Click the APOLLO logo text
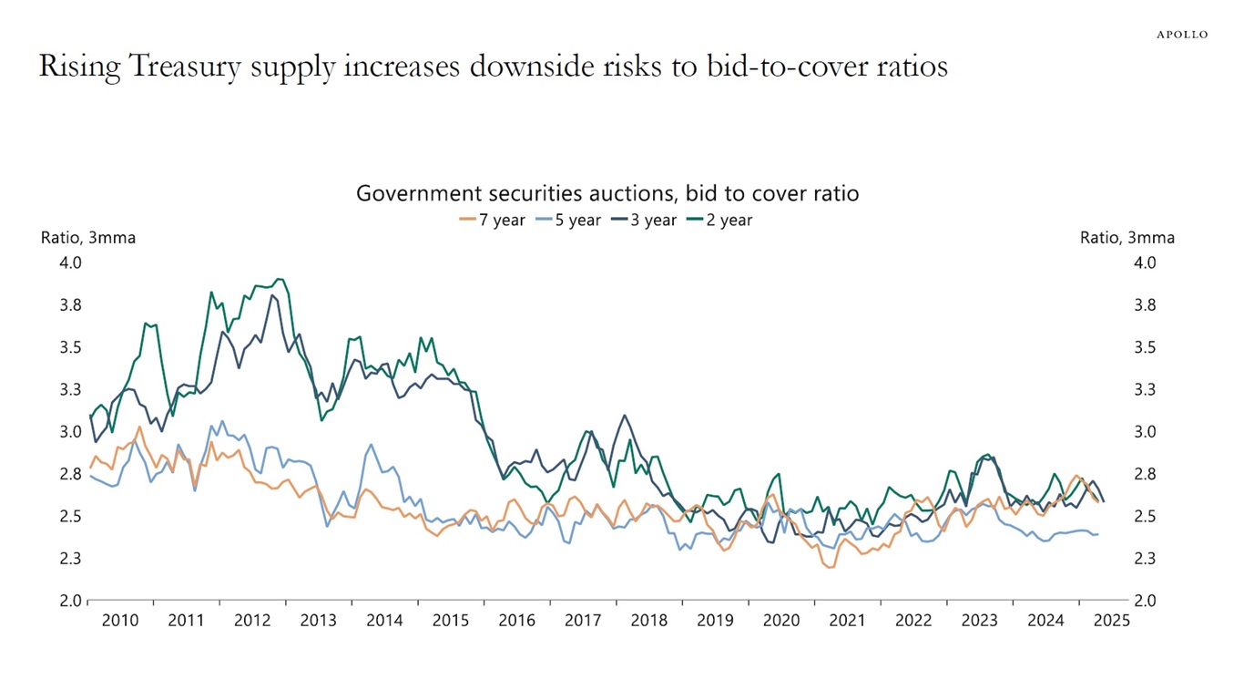(x=1182, y=35)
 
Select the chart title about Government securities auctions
(x=607, y=193)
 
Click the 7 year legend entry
(x=493, y=220)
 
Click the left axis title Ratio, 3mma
(x=88, y=238)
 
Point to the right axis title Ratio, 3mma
(x=1127, y=238)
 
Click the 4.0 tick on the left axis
(x=71, y=262)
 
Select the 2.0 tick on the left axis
(x=71, y=601)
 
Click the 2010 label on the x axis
(x=120, y=621)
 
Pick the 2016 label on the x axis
(x=517, y=621)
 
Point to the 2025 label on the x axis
(x=1112, y=621)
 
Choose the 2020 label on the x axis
(x=781, y=621)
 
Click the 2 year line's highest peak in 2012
(x=279, y=279)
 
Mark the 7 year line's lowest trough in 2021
(x=830, y=568)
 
